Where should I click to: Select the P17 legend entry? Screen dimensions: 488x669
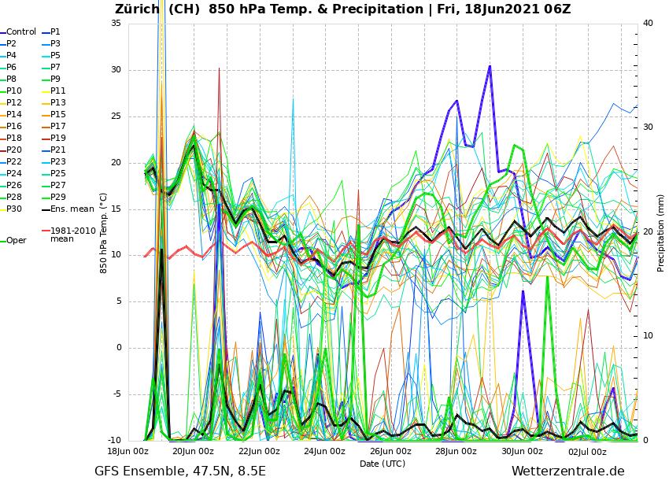tap(58, 127)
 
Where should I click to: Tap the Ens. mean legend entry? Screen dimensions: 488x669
tap(72, 209)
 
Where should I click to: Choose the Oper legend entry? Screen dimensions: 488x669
tap(17, 241)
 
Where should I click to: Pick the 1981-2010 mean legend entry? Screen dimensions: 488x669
tap(72, 235)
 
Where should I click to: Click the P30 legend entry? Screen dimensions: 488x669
tap(14, 209)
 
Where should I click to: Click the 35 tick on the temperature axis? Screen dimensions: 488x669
tap(116, 23)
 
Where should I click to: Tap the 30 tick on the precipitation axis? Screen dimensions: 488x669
tap(648, 127)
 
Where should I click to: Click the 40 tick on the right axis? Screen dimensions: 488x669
tap(648, 23)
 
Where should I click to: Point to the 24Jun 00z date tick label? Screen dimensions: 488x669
tap(324, 452)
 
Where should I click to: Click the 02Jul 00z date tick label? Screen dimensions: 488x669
tap(587, 452)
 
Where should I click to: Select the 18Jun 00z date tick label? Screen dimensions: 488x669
tap(128, 452)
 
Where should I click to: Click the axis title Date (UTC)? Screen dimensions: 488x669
tap(383, 464)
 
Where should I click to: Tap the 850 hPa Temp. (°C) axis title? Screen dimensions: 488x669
tap(104, 232)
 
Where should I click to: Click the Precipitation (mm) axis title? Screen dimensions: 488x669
tap(661, 232)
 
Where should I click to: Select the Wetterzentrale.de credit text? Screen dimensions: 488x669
tap(567, 471)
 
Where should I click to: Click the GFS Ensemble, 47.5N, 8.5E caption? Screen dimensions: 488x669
tap(180, 471)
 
